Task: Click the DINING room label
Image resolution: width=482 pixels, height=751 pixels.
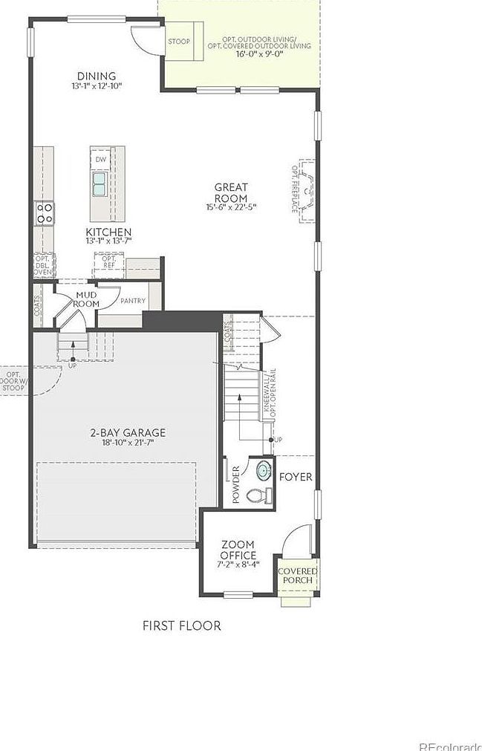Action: pos(97,76)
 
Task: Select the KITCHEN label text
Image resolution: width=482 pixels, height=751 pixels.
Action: pos(108,232)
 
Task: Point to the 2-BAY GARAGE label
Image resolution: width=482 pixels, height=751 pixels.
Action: pos(128,432)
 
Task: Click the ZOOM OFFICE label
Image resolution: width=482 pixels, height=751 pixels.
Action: pos(238,550)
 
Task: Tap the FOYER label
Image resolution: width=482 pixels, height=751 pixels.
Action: pos(296,477)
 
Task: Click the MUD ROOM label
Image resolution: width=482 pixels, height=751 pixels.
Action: pos(87,299)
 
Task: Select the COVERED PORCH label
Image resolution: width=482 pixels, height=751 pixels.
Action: pos(297,575)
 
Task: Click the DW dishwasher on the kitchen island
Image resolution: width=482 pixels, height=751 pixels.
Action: pos(100,159)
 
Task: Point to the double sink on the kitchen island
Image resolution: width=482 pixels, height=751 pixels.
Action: pos(100,183)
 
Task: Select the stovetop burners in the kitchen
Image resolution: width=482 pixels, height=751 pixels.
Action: pos(44,213)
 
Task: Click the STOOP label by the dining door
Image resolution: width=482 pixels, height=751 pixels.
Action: pos(178,42)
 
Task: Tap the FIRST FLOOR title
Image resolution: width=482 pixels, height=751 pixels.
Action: pos(181,625)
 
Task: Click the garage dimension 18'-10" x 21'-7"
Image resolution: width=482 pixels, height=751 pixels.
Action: pos(128,443)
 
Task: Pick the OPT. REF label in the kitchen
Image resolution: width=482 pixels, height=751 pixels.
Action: pos(108,261)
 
